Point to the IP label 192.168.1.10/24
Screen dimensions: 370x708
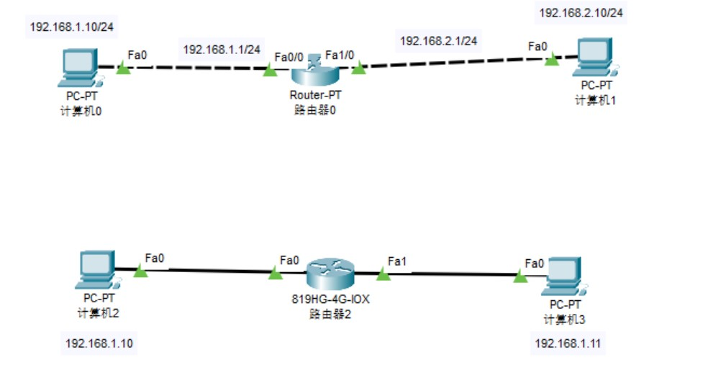(x=73, y=27)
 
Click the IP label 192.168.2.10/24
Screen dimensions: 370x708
(x=582, y=12)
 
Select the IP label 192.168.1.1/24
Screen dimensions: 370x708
(x=221, y=49)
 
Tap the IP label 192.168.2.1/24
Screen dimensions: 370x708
(x=438, y=40)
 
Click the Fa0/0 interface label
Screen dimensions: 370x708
(x=289, y=56)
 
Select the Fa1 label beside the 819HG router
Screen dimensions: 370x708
(x=397, y=260)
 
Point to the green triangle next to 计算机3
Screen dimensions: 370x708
(x=519, y=276)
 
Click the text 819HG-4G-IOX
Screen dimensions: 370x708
(x=330, y=299)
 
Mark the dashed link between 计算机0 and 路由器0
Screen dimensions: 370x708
(x=194, y=69)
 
